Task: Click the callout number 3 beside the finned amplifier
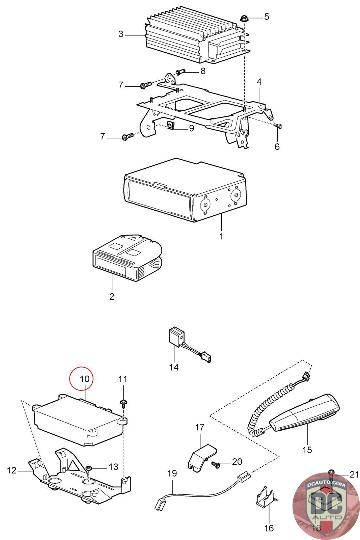(121, 34)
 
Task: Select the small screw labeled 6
(278, 126)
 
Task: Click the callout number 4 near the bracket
(259, 82)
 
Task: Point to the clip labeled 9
(170, 127)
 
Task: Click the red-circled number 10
(85, 379)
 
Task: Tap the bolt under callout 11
(123, 403)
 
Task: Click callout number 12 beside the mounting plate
(12, 470)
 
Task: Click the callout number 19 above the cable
(172, 473)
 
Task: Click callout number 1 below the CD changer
(221, 236)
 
